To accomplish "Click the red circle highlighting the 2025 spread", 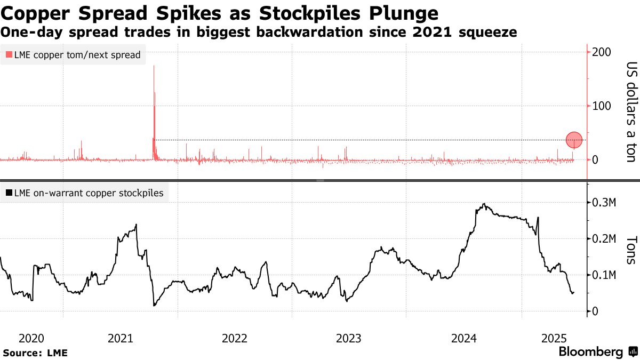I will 574,140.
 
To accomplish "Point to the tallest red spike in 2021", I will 154,67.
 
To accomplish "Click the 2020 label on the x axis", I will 31,338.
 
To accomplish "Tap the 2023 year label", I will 349,338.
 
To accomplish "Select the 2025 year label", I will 554,338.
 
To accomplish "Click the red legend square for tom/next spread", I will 9,55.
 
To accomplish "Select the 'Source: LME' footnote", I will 35,353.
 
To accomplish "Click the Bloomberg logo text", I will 590,352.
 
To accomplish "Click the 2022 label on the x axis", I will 234,338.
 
